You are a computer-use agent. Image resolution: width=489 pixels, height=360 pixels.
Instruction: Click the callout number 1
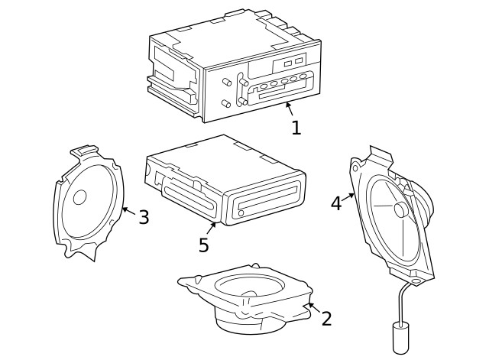click(x=296, y=128)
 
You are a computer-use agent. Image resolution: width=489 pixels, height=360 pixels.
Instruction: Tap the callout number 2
click(x=326, y=319)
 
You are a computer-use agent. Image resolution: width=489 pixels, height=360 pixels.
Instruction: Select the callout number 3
click(x=144, y=217)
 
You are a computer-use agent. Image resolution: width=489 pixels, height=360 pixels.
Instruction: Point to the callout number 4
click(x=336, y=203)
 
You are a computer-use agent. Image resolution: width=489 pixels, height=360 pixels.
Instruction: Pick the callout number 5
click(x=203, y=245)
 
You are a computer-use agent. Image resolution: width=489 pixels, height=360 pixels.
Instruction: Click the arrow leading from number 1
click(x=289, y=109)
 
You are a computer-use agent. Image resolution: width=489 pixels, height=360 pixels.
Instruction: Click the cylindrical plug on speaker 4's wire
click(x=400, y=338)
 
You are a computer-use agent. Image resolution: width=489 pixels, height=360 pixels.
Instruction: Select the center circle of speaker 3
click(x=79, y=197)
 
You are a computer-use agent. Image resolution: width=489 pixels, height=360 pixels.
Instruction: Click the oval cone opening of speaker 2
click(x=250, y=287)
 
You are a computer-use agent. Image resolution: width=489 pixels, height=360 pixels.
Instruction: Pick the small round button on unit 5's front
click(x=241, y=212)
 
